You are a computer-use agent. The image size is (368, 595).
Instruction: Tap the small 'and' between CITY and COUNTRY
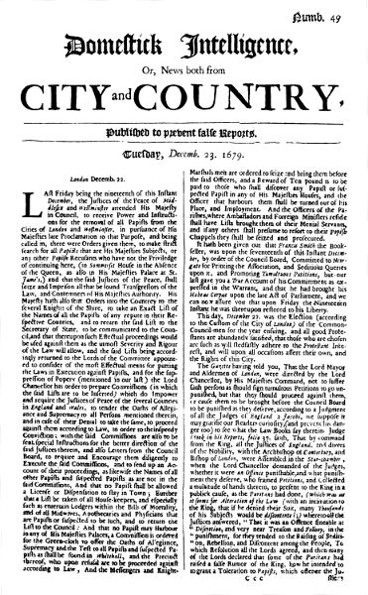163,103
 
